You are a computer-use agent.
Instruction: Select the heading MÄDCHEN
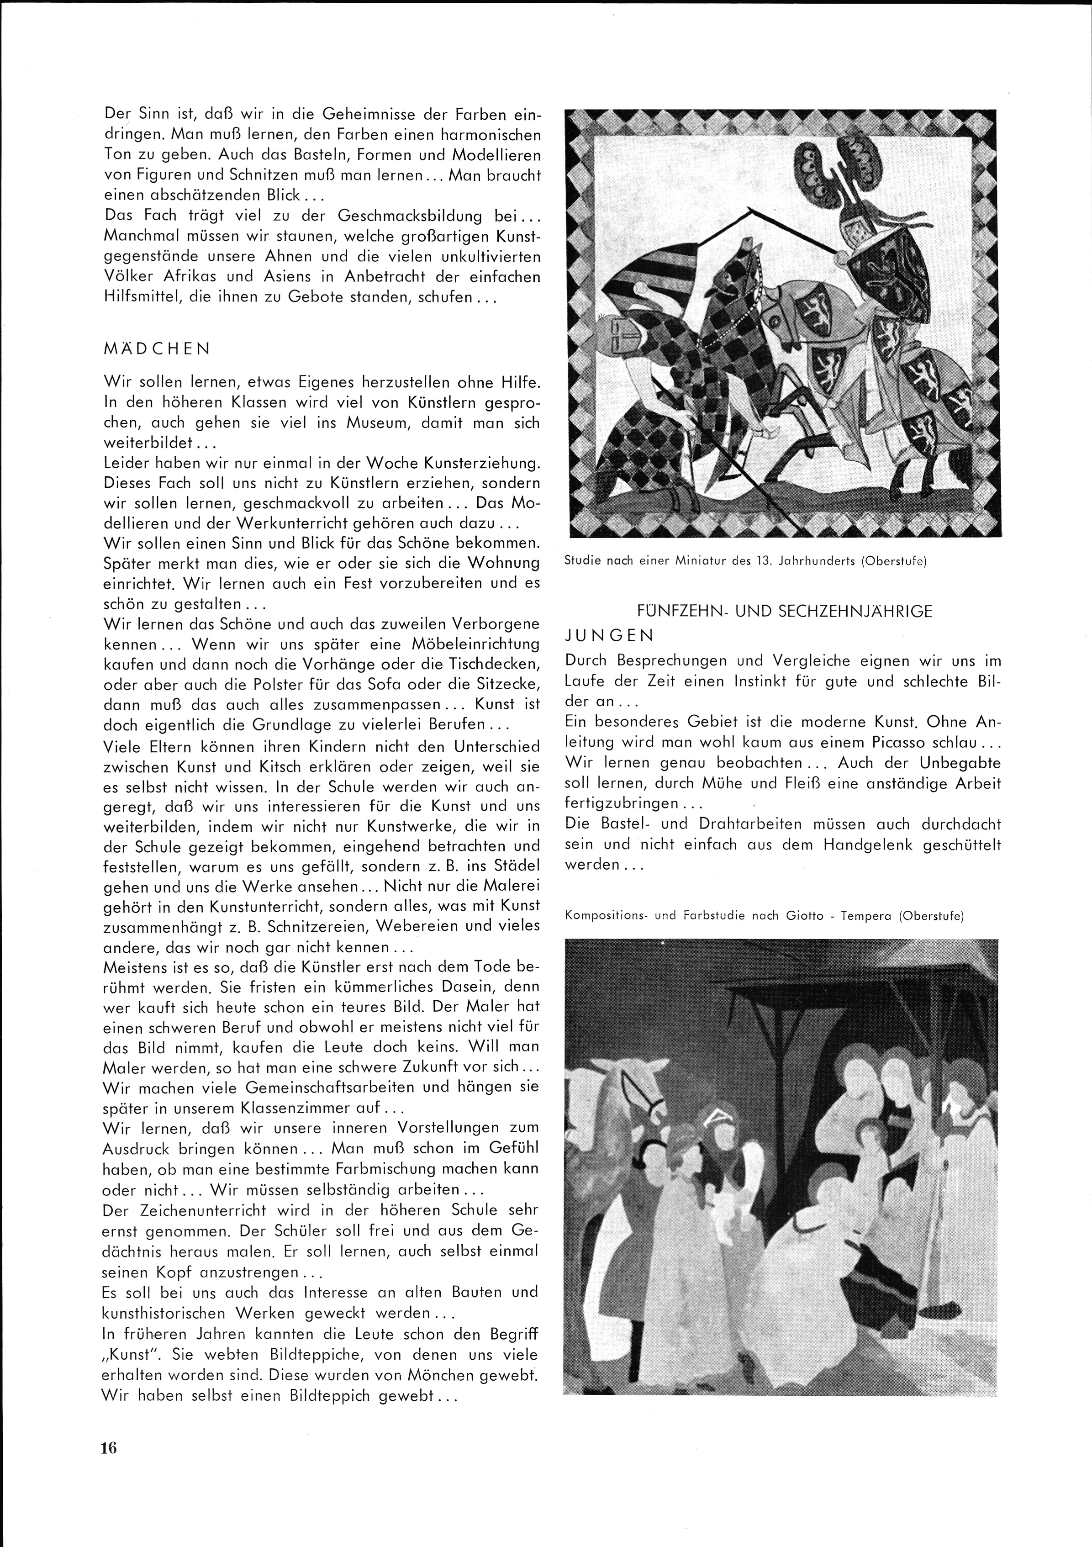[157, 349]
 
